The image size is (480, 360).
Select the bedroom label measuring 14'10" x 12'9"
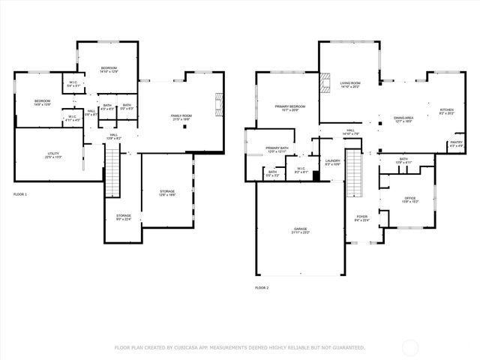(x=109, y=70)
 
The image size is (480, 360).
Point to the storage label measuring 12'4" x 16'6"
(x=167, y=193)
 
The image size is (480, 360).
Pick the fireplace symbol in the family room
(x=219, y=102)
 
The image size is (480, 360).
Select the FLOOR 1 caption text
(x=20, y=194)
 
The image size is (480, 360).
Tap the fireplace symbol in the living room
(x=325, y=82)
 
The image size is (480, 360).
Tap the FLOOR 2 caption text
(x=262, y=287)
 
